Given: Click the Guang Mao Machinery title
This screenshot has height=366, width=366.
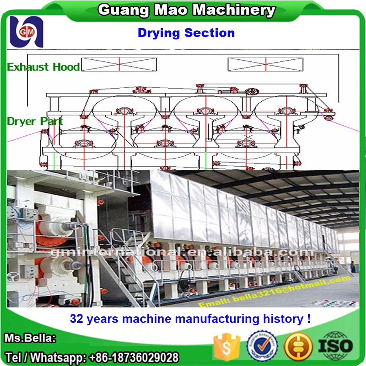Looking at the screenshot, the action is [187, 10].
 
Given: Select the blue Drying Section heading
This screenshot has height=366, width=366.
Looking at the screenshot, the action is [186, 33].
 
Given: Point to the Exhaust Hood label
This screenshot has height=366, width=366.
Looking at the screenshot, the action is [43, 67].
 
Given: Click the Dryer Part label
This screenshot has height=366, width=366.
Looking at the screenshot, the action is [35, 121].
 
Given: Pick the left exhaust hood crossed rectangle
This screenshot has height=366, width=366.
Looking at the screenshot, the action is [119, 64].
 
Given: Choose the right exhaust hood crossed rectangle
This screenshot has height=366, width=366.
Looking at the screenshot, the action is [265, 64].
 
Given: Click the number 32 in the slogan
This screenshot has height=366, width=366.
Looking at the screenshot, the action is [76, 319].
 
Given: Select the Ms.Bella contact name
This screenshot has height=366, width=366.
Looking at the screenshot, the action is [30, 338].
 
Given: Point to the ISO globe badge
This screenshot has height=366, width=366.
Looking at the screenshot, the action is [335, 346].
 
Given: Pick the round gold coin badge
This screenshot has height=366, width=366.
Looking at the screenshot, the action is [298, 346].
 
